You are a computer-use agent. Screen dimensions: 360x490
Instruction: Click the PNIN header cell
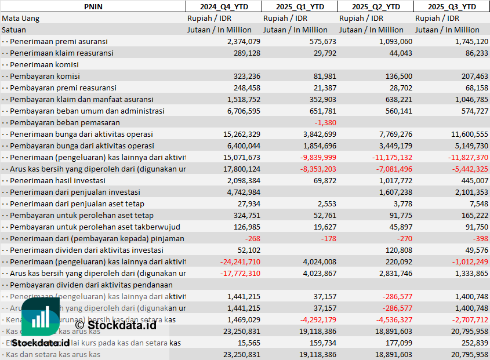click(x=93, y=6)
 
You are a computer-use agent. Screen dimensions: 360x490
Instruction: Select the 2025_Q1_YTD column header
click(x=299, y=6)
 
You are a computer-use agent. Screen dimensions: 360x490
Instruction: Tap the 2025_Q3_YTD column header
click(x=452, y=6)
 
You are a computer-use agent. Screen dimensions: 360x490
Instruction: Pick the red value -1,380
click(x=325, y=122)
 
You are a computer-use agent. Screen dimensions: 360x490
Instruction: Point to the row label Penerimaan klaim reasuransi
click(x=61, y=53)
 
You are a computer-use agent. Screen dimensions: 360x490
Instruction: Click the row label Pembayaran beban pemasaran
click(x=65, y=122)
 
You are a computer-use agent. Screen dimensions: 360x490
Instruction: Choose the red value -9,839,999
click(x=315, y=157)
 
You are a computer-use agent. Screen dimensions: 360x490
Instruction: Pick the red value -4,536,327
click(x=391, y=319)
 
